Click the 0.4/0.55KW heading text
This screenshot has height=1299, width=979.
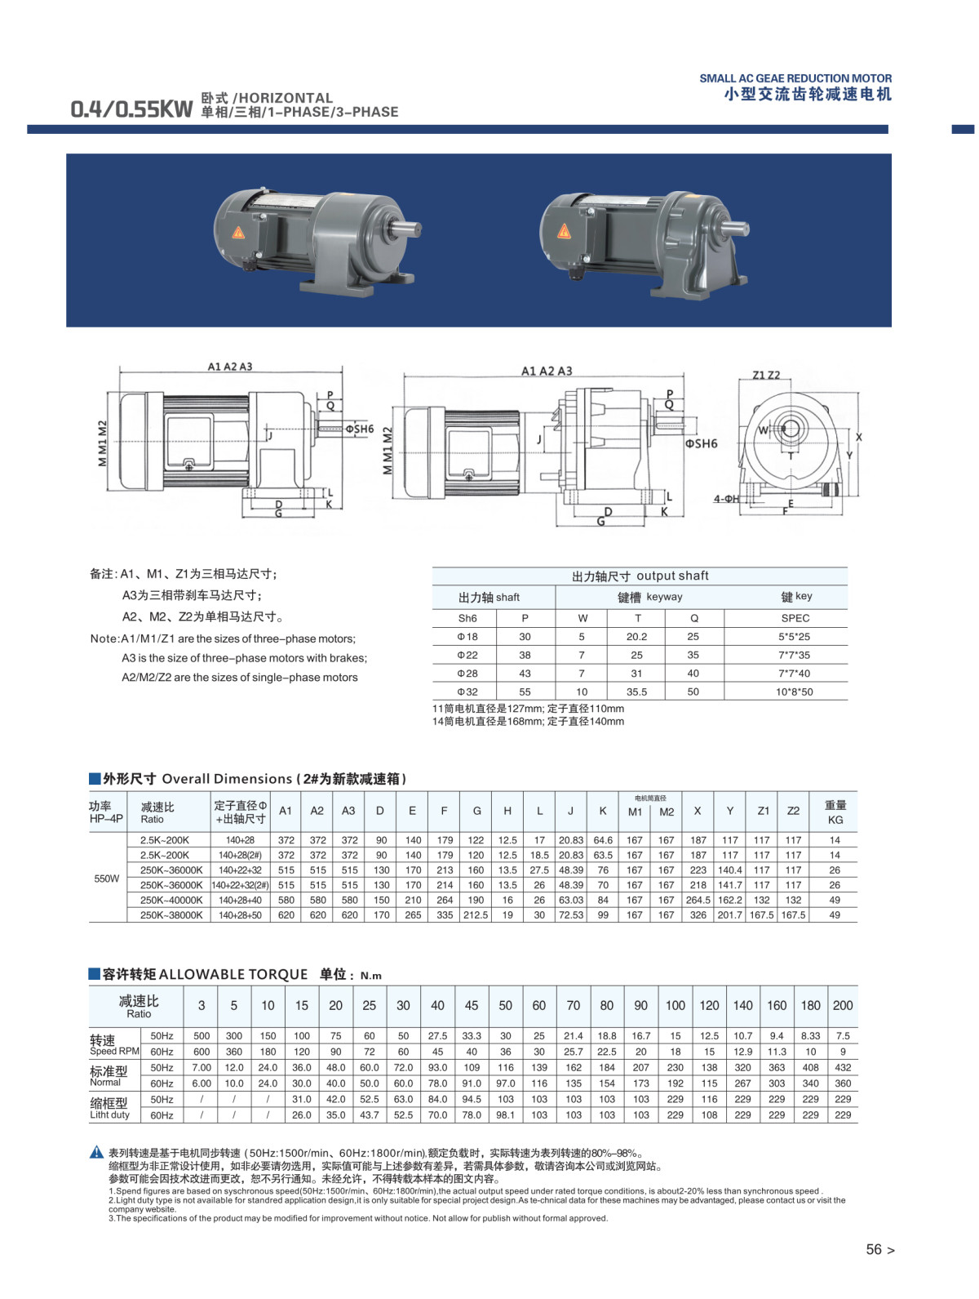(x=131, y=109)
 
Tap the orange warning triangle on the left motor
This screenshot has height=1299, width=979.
(x=237, y=232)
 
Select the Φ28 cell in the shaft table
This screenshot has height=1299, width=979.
(x=467, y=673)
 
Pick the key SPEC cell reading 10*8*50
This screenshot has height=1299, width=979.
(x=794, y=692)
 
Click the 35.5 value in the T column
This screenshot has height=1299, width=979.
(x=636, y=692)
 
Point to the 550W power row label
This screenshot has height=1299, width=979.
(x=106, y=879)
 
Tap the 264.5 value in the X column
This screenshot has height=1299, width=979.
(x=698, y=900)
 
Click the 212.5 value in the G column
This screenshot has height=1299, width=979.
(x=476, y=914)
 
